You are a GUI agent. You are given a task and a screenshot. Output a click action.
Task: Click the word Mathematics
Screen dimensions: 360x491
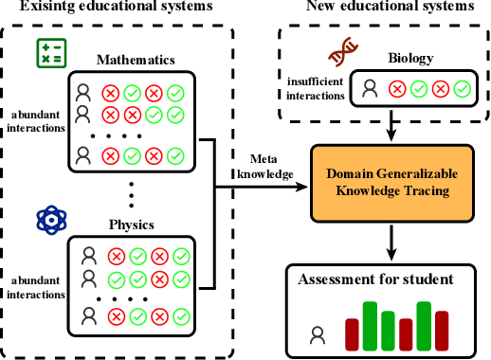(x=136, y=61)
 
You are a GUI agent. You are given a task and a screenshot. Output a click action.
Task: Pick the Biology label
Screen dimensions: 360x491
(x=411, y=59)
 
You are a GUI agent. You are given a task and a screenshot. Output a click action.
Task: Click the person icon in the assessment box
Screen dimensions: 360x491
(x=318, y=333)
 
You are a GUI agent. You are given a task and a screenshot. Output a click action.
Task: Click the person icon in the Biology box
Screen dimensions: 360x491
(x=370, y=89)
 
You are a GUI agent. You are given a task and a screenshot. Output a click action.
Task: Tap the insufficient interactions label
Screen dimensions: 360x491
(x=316, y=88)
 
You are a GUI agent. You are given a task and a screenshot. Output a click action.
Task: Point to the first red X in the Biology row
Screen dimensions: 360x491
(x=395, y=89)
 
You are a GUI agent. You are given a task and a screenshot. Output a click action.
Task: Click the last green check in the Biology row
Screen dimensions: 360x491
(x=461, y=89)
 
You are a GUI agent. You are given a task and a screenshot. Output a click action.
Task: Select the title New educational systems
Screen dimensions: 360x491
(x=390, y=9)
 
